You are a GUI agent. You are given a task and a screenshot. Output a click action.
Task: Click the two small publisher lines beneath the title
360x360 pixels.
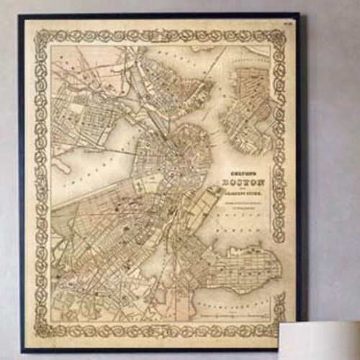(245, 204)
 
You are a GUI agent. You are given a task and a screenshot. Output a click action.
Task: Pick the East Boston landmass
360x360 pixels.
(248, 108)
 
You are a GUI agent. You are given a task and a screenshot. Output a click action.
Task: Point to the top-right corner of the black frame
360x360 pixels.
(299, 14)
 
